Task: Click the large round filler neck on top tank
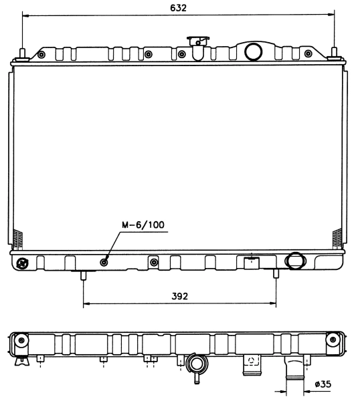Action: [x=253, y=51]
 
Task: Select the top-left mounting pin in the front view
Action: [x=23, y=54]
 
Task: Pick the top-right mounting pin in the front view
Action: [x=334, y=54]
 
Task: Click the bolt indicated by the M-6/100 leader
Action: [x=104, y=261]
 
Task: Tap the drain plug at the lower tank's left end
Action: [x=23, y=263]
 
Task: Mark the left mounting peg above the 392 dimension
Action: [x=84, y=275]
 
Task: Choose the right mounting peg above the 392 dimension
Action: [x=276, y=275]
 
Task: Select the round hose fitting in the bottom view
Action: [x=197, y=365]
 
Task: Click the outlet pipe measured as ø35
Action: [x=292, y=369]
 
